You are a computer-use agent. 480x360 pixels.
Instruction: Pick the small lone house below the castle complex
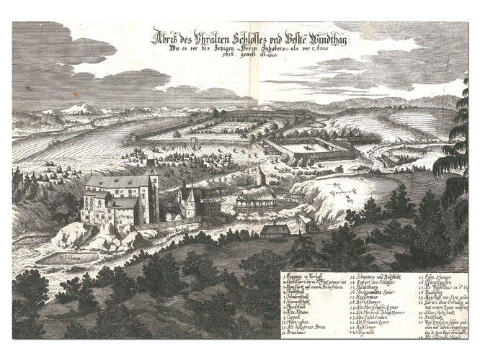tap(275, 231)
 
